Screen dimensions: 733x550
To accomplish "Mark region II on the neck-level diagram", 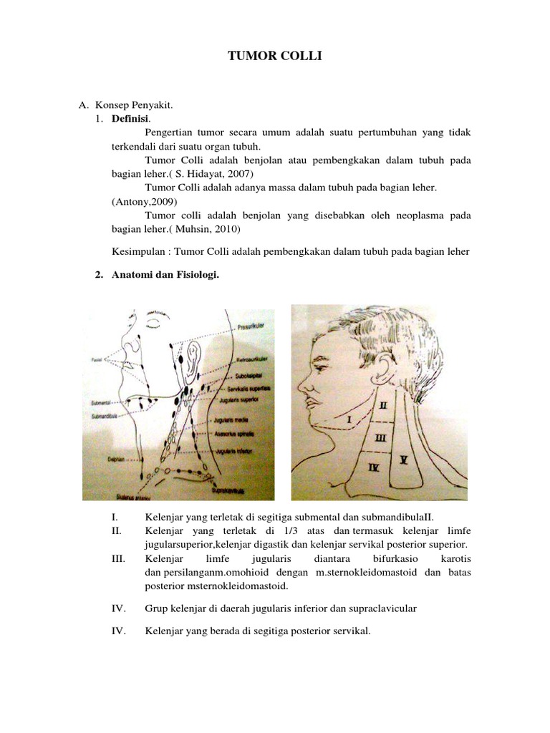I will [384, 405].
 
